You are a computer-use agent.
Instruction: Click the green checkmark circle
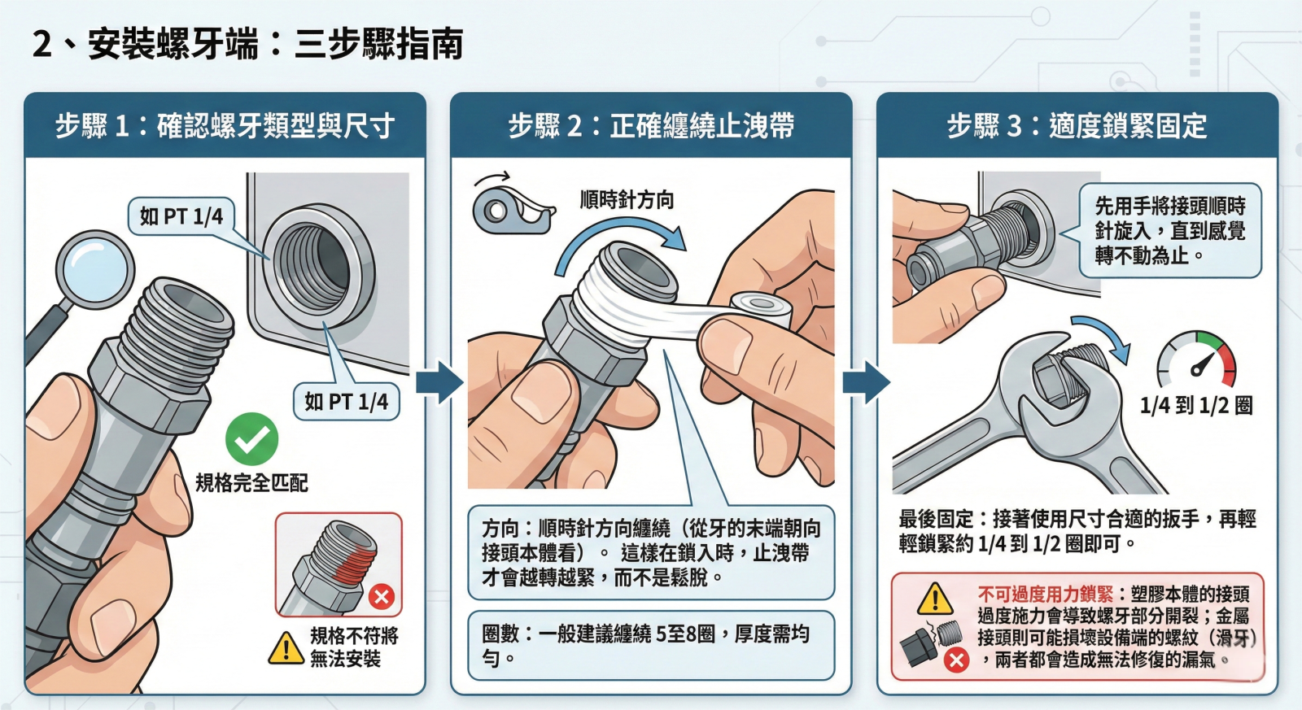coord(251,438)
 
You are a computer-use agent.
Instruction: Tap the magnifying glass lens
coord(94,269)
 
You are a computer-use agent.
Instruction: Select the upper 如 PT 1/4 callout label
coord(181,216)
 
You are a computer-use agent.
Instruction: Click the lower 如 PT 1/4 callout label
coord(347,402)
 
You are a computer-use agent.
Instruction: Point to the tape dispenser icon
coord(512,209)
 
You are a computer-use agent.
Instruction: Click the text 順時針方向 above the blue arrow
coord(627,200)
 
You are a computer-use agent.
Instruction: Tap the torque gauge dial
coord(1196,359)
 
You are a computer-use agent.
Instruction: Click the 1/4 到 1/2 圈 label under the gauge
coord(1196,406)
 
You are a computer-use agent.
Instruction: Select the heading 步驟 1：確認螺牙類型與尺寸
coord(225,126)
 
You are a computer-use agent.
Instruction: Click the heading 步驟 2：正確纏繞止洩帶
coord(652,126)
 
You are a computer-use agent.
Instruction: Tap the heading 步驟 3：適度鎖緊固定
coord(1077,126)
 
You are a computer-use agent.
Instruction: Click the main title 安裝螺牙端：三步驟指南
coord(275,45)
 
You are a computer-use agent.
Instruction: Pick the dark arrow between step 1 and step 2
coord(439,382)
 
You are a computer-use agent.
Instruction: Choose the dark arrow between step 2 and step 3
coord(866,382)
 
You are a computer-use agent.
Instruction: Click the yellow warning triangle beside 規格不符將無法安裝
coord(286,648)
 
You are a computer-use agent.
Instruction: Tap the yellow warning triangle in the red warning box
coord(935,599)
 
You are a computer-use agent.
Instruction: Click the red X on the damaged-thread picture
coord(382,596)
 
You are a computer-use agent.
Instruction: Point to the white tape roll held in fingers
coord(762,311)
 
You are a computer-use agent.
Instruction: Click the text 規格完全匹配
coord(251,483)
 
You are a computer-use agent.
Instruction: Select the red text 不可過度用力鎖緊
coord(1045,595)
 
